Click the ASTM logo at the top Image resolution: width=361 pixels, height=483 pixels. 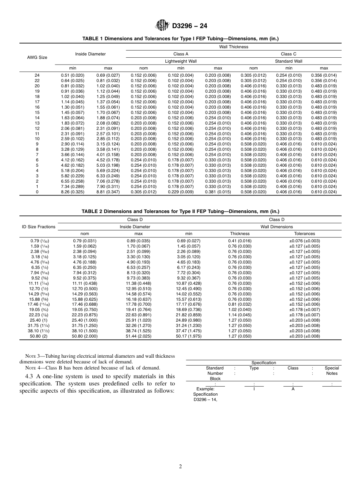[x=162, y=26]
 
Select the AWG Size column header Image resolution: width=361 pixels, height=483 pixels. [x=37, y=57]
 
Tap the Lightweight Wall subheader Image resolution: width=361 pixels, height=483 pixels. [x=181, y=61]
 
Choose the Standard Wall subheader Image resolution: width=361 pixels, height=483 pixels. [x=288, y=61]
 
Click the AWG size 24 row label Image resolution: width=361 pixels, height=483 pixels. [x=37, y=75]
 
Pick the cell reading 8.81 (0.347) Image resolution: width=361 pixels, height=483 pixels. [x=108, y=192]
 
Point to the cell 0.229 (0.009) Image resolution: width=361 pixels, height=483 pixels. [x=181, y=192]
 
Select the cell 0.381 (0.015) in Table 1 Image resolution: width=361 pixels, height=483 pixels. [x=218, y=192]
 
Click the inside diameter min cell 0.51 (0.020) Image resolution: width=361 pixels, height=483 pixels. [x=73, y=75]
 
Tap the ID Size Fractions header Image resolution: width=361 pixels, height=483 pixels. [x=38, y=227]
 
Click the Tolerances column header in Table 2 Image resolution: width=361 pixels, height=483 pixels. [x=304, y=234]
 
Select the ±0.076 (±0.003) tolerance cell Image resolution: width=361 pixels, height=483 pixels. [x=304, y=241]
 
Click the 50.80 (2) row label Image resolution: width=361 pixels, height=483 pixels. [x=38, y=336]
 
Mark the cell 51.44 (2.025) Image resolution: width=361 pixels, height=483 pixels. [x=138, y=336]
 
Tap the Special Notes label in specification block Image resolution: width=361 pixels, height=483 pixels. [x=332, y=371]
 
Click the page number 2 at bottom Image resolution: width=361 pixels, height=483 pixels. [x=180, y=467]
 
